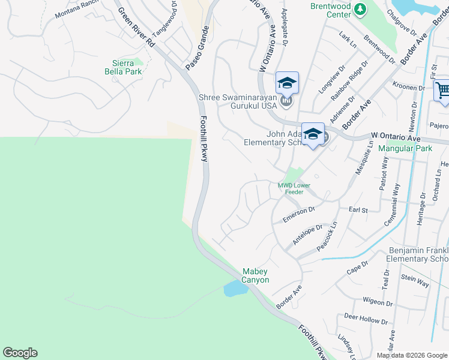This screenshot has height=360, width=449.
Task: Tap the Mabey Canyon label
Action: point(256,275)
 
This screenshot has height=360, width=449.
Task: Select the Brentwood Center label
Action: point(330,10)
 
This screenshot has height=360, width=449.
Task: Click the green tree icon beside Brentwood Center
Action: point(360,9)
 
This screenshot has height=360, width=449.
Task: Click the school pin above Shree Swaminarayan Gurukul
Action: point(287,83)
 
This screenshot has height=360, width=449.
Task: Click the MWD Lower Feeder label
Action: point(294,188)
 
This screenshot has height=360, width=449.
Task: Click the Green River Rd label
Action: point(136,28)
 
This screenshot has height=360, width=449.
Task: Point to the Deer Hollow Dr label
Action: point(365,318)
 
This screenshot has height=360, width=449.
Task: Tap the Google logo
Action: point(20,353)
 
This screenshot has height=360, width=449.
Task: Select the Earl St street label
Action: point(358,210)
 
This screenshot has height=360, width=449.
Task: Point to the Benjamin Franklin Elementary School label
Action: point(418,254)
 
